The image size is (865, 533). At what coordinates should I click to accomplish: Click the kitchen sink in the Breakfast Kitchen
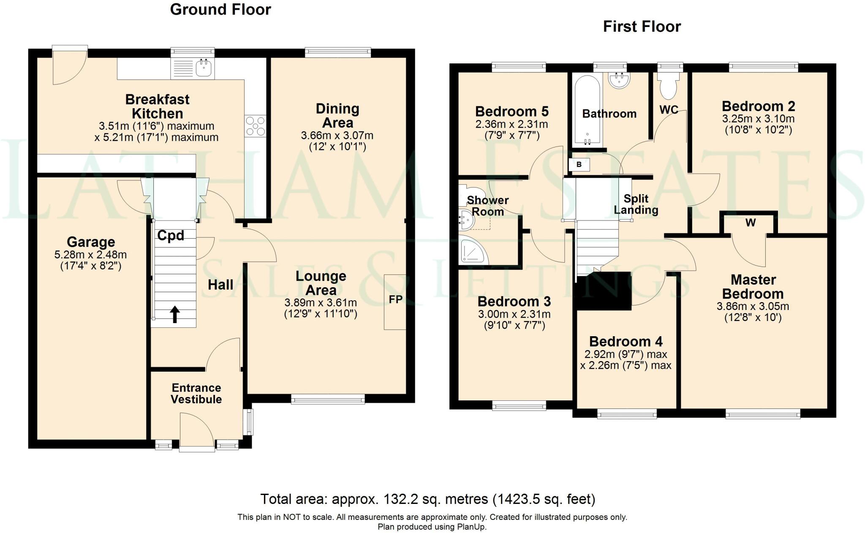pyautogui.click(x=204, y=68)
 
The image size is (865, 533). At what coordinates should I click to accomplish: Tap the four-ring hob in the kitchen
pyautogui.click(x=256, y=126)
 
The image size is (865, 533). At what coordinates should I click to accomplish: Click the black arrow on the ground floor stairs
pyautogui.click(x=175, y=314)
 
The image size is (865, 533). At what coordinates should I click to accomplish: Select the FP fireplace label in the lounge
pyautogui.click(x=395, y=299)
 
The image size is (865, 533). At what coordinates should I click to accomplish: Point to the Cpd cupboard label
pyautogui.click(x=171, y=235)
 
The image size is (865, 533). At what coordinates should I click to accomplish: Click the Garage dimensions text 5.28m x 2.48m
pyautogui.click(x=90, y=255)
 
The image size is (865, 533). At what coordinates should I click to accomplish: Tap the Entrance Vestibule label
pyautogui.click(x=196, y=394)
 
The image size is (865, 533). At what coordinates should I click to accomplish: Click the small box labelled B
pyautogui.click(x=579, y=165)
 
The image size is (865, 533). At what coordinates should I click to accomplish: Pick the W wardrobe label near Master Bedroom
pyautogui.click(x=750, y=223)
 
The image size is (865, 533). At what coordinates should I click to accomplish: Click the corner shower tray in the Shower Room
pyautogui.click(x=473, y=253)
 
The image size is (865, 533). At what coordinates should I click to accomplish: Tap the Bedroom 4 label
pyautogui.click(x=626, y=341)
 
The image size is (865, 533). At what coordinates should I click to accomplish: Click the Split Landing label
pyautogui.click(x=636, y=204)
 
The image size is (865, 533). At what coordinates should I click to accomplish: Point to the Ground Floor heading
pyautogui.click(x=220, y=9)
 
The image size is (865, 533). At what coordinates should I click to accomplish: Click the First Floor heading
pyautogui.click(x=642, y=27)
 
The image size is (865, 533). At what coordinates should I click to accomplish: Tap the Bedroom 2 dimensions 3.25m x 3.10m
pyautogui.click(x=758, y=119)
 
